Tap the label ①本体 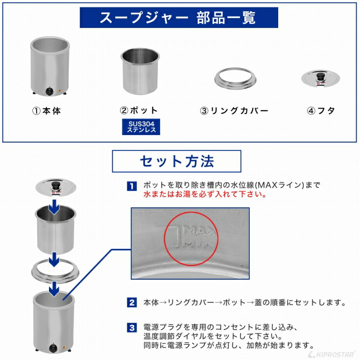tap(47, 111)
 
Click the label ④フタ tap(321, 111)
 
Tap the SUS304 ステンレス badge tap(141, 127)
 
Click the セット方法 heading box tap(176, 161)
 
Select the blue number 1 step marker tap(132, 186)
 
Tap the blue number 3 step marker tap(132, 327)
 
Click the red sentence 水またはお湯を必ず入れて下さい tap(205, 194)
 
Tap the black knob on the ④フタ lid tap(321, 76)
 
